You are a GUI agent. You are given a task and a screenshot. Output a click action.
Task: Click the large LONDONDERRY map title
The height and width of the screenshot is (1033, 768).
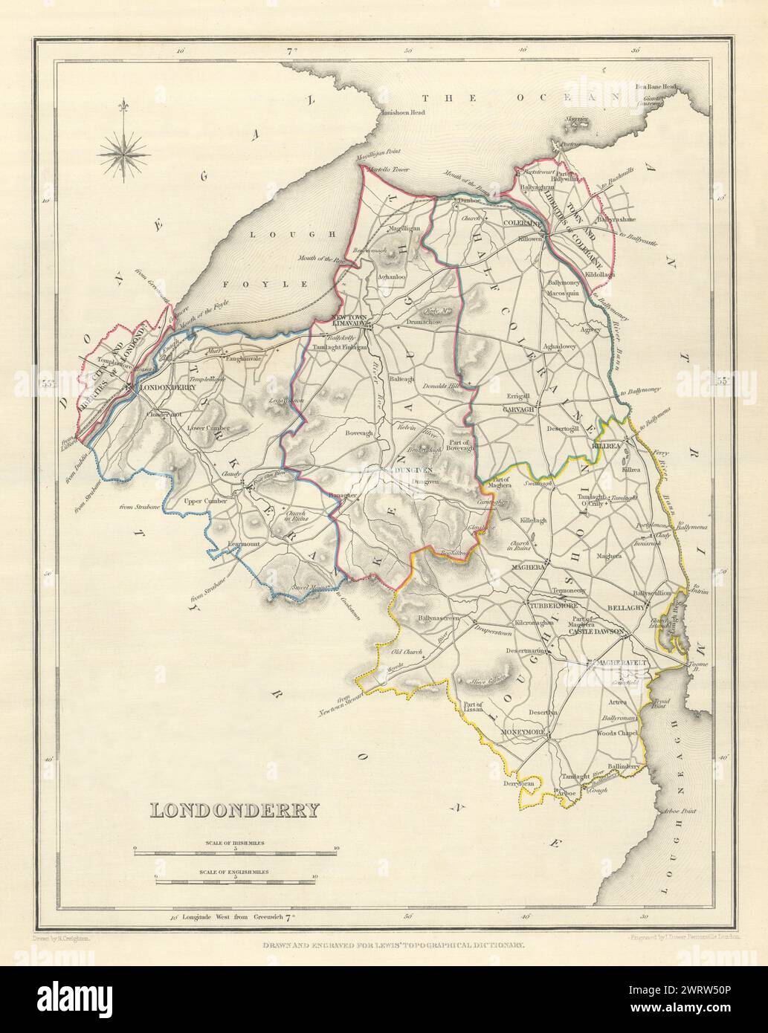[x=235, y=809]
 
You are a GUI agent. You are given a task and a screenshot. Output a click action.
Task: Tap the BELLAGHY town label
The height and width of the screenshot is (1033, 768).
[x=625, y=607]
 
